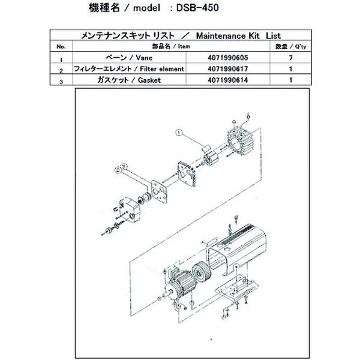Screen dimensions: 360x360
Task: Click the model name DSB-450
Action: coord(214,10)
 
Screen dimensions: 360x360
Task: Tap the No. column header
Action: coord(61,46)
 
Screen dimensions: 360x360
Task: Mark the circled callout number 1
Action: coord(178,130)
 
